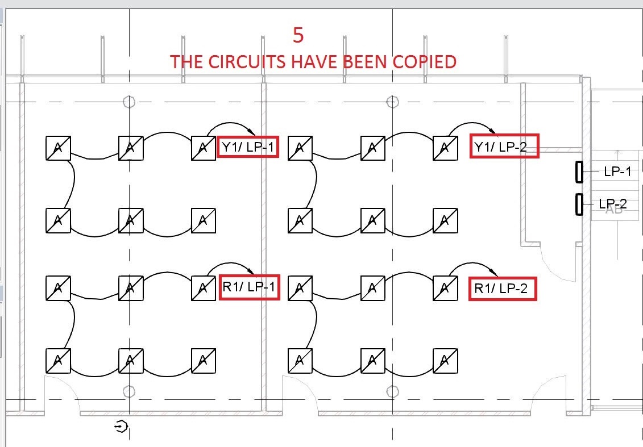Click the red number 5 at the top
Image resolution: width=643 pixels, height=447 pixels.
[x=298, y=35]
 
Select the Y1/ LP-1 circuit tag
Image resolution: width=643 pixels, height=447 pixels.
[x=248, y=147]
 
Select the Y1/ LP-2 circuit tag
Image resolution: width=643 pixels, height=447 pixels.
[x=504, y=148]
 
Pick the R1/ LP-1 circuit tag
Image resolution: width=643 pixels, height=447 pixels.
[x=249, y=287]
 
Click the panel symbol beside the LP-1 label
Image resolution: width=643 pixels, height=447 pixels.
[x=579, y=172]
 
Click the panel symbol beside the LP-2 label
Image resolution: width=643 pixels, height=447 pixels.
[x=579, y=204]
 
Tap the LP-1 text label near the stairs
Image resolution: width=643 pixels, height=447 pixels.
[x=617, y=172]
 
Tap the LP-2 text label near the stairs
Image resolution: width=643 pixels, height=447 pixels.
[x=613, y=204]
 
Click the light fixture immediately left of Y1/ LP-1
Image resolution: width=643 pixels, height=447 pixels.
[x=204, y=148]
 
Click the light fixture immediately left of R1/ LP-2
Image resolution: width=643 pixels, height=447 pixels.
[x=445, y=288]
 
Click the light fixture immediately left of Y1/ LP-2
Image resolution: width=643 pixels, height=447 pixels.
[x=445, y=148]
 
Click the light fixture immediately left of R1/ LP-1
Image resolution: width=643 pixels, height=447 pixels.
[x=204, y=288]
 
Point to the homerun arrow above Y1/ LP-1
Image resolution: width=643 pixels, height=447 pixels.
[x=230, y=125]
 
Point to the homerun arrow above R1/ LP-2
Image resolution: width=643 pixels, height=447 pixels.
[x=475, y=266]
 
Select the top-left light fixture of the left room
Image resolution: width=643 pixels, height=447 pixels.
[x=58, y=148]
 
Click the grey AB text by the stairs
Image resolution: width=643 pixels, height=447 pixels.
[x=613, y=210]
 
